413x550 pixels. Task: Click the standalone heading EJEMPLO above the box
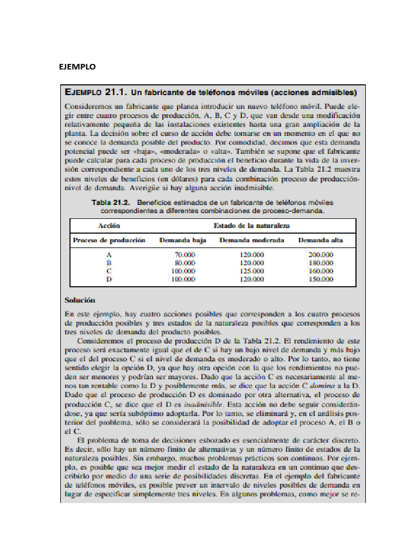pos(77,67)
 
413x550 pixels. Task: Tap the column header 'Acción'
pos(109,226)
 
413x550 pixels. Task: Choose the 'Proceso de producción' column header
pos(109,240)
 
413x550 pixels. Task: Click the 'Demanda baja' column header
pos(183,240)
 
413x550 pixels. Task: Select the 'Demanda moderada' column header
pos(252,240)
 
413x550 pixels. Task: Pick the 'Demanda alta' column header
pos(321,240)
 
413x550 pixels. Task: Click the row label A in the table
pos(109,255)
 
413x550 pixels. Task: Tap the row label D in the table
pos(109,279)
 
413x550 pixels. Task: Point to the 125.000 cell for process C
pos(252,271)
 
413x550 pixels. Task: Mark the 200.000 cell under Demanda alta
pos(321,255)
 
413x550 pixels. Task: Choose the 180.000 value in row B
pos(321,263)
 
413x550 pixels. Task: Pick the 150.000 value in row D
pos(321,279)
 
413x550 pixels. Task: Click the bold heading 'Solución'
pos(80,300)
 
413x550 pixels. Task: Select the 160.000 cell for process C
pos(321,271)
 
